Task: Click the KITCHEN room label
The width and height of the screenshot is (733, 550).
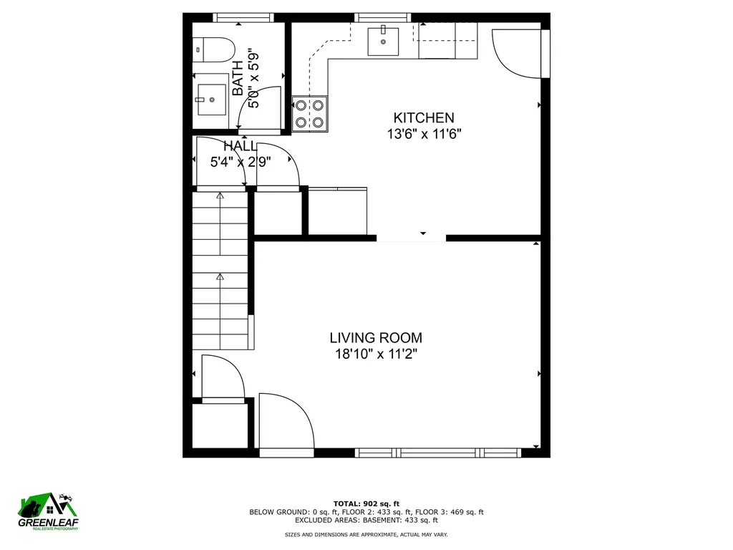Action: [x=423, y=117]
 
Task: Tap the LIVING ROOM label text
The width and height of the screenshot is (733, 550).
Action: [x=375, y=337]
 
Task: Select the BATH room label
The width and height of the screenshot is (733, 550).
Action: [x=238, y=79]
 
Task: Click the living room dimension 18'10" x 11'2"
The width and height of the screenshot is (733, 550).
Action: [x=375, y=354]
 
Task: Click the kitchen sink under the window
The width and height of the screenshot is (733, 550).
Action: [x=384, y=41]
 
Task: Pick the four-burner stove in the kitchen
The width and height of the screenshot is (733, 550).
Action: [x=309, y=114]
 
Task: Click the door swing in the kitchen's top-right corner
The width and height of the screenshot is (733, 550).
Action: [x=517, y=52]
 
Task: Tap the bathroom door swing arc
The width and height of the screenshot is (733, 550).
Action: [x=259, y=107]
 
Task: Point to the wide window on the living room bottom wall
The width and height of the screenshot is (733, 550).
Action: [x=428, y=453]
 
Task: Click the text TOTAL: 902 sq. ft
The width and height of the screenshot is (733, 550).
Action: [x=366, y=503]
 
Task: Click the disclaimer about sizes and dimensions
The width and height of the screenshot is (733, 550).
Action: [x=366, y=535]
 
